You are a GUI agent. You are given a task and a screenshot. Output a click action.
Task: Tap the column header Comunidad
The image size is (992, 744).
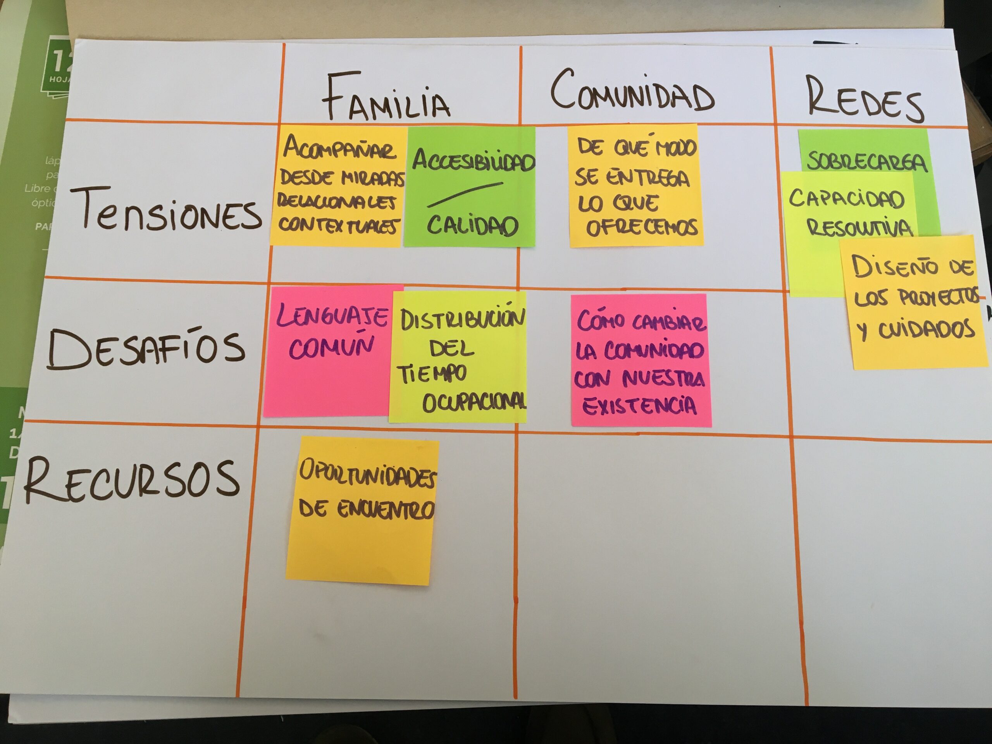point(632,92)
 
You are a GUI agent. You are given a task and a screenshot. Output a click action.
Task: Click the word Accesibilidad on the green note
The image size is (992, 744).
point(473,159)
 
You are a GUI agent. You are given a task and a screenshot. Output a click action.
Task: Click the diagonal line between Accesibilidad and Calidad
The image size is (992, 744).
point(465,194)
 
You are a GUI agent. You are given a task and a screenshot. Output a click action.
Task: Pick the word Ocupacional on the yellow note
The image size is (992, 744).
point(474,402)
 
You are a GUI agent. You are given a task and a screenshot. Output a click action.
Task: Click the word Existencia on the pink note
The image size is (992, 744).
point(639,405)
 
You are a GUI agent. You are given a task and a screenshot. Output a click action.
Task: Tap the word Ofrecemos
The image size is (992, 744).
point(642,227)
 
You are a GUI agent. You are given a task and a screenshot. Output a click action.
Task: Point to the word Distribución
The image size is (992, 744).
point(462,319)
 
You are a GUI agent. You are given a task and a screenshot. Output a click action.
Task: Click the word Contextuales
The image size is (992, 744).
point(338,226)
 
